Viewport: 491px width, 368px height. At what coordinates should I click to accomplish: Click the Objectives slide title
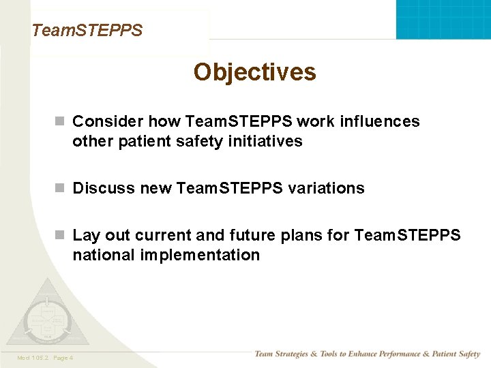254,72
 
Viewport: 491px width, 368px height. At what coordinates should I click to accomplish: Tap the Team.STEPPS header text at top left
87,31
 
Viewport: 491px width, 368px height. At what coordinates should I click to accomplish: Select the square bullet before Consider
60,121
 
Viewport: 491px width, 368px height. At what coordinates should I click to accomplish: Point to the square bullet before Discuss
60,188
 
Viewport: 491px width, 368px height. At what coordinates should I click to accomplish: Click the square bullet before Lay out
60,236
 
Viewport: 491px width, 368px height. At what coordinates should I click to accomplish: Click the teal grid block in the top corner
443,19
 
